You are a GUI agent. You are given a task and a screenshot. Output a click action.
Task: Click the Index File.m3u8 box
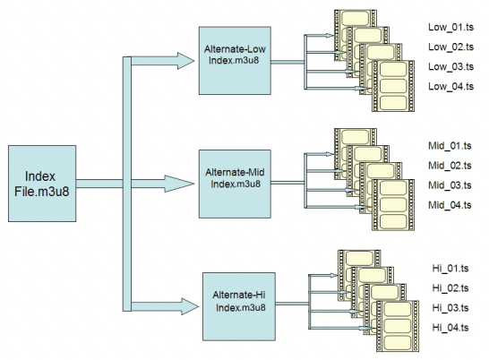[42, 184]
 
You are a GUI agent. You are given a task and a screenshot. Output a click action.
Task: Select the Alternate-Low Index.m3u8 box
[235, 61]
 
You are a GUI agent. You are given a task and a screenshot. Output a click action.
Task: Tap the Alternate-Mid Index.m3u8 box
[235, 184]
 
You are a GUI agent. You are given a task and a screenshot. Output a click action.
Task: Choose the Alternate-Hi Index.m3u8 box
[239, 306]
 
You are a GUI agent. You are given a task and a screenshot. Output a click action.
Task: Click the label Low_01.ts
[451, 27]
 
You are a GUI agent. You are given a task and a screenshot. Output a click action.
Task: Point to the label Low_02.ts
[451, 47]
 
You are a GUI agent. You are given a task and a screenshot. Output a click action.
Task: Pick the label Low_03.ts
[451, 66]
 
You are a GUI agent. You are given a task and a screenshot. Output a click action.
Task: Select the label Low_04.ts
[451, 86]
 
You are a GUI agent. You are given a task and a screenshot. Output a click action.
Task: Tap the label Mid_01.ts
[450, 146]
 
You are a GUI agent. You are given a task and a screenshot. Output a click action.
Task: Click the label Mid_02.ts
[450, 166]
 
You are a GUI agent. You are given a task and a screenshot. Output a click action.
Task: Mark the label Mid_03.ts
[450, 185]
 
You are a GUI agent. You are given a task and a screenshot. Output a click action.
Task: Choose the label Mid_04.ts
[450, 205]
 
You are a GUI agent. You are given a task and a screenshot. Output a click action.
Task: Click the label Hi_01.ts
[450, 269]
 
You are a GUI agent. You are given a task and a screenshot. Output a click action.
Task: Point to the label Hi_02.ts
[450, 288]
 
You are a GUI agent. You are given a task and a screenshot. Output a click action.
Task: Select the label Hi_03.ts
[450, 308]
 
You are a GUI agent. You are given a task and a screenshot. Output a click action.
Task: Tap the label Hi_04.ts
[450, 328]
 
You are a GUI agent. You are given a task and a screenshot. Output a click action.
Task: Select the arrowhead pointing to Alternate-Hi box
[190, 306]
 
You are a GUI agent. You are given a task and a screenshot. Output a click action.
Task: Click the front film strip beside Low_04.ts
[393, 86]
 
